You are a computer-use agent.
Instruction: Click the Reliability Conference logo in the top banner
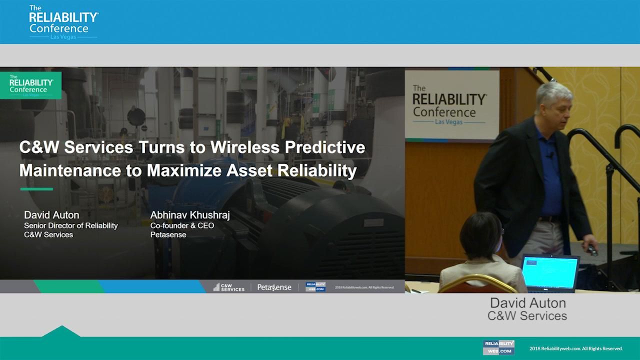pyautogui.click(x=63, y=22)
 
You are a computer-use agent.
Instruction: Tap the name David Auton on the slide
pyautogui.click(x=51, y=215)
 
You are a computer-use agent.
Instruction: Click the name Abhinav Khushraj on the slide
pyautogui.click(x=190, y=215)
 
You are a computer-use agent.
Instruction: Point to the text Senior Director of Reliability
pyautogui.click(x=71, y=225)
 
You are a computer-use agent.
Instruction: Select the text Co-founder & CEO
pyautogui.click(x=182, y=225)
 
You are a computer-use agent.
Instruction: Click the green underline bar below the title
pyautogui.click(x=36, y=189)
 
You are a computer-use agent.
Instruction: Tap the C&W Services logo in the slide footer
pyautogui.click(x=229, y=287)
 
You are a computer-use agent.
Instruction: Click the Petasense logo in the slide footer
pyautogui.click(x=274, y=287)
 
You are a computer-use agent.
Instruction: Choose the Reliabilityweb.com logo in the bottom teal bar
pyautogui.click(x=498, y=347)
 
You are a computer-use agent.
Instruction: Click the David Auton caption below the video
pyautogui.click(x=527, y=303)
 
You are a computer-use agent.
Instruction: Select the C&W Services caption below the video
pyautogui.click(x=527, y=316)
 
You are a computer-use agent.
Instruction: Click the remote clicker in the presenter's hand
pyautogui.click(x=592, y=250)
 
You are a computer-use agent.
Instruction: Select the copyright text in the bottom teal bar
pyautogui.click(x=575, y=348)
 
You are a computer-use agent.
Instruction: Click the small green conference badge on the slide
pyautogui.click(x=31, y=85)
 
